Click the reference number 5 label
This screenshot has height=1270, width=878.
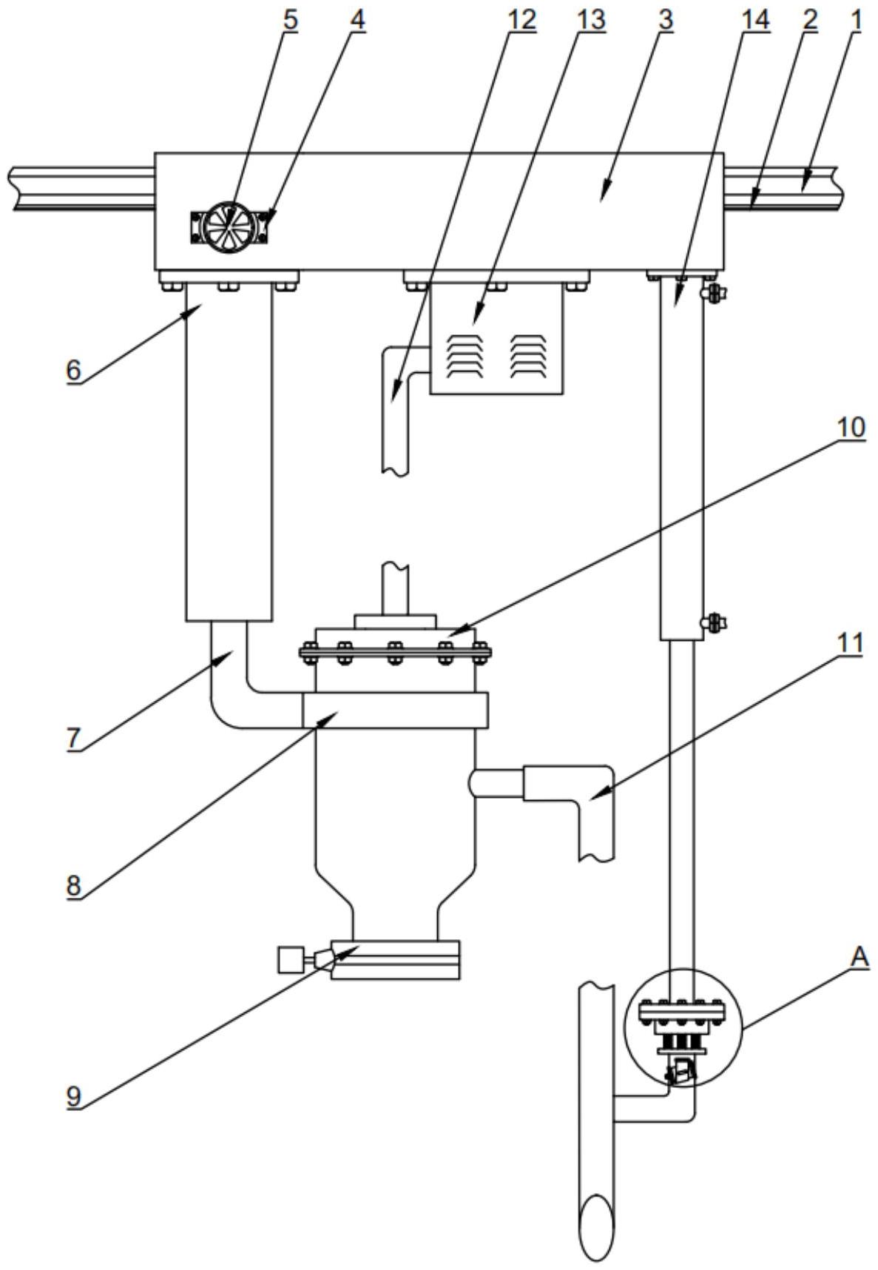pos(290,20)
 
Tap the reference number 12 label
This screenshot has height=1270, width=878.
pos(520,20)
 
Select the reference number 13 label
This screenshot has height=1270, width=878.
pos(590,20)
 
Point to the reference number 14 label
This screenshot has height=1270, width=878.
pos(755,20)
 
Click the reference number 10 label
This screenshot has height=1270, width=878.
pos(850,429)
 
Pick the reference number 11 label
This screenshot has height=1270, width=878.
pos(851,643)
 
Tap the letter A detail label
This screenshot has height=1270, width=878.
pos(859,957)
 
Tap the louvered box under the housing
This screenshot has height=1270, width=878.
pos(496,340)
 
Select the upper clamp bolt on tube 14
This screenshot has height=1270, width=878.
pos(713,294)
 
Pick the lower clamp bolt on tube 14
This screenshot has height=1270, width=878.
pos(713,622)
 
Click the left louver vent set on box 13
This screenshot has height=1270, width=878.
pos(465,356)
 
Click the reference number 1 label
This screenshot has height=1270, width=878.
pos(857,20)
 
